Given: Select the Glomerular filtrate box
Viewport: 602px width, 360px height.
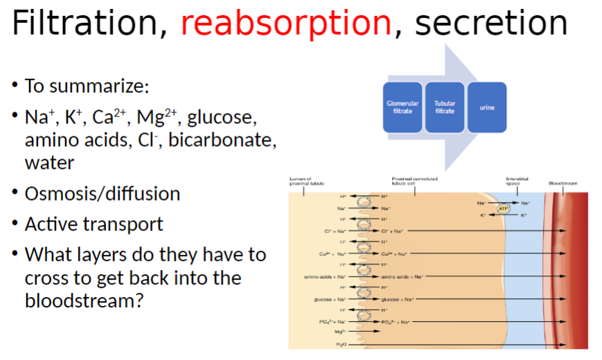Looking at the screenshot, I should (x=402, y=107).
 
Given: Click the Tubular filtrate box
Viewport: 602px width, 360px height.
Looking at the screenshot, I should (x=445, y=107).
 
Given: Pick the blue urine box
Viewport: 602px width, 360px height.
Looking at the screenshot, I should (x=486, y=107).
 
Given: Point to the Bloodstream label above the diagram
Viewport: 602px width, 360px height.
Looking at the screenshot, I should (x=563, y=183).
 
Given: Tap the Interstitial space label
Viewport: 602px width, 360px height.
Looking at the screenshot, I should (x=517, y=181).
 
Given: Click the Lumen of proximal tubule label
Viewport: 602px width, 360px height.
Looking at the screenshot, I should (x=301, y=181).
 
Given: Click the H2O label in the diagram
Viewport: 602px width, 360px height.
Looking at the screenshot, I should (x=340, y=344).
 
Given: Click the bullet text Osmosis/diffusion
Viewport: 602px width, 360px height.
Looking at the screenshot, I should (x=102, y=194).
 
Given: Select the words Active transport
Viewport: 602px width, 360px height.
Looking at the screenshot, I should (x=94, y=224).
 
